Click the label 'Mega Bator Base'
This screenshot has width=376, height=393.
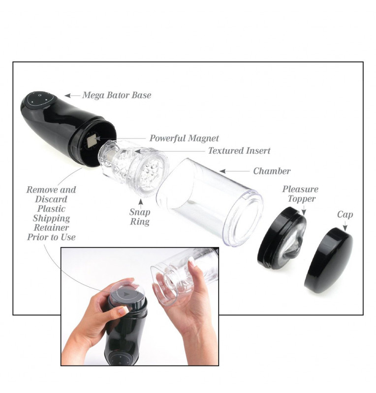117,95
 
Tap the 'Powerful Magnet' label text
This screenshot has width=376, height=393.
184,138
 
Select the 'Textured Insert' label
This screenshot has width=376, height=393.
239,151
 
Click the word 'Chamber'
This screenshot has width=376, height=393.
272,171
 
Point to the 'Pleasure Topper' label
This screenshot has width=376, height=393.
300,194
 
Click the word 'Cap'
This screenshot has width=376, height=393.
345,215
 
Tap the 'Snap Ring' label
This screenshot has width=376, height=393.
140,217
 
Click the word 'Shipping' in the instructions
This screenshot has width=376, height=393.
51,218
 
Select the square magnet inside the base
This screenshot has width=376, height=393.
92,140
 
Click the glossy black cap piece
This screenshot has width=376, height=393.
329,260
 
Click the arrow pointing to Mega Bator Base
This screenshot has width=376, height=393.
72,95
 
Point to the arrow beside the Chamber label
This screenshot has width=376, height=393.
235,171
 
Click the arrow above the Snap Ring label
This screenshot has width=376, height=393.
141,203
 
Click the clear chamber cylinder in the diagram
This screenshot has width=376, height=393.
210,202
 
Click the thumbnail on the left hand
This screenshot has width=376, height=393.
123,311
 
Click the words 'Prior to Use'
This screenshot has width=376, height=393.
51,237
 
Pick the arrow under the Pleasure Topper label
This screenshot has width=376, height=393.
304,210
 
